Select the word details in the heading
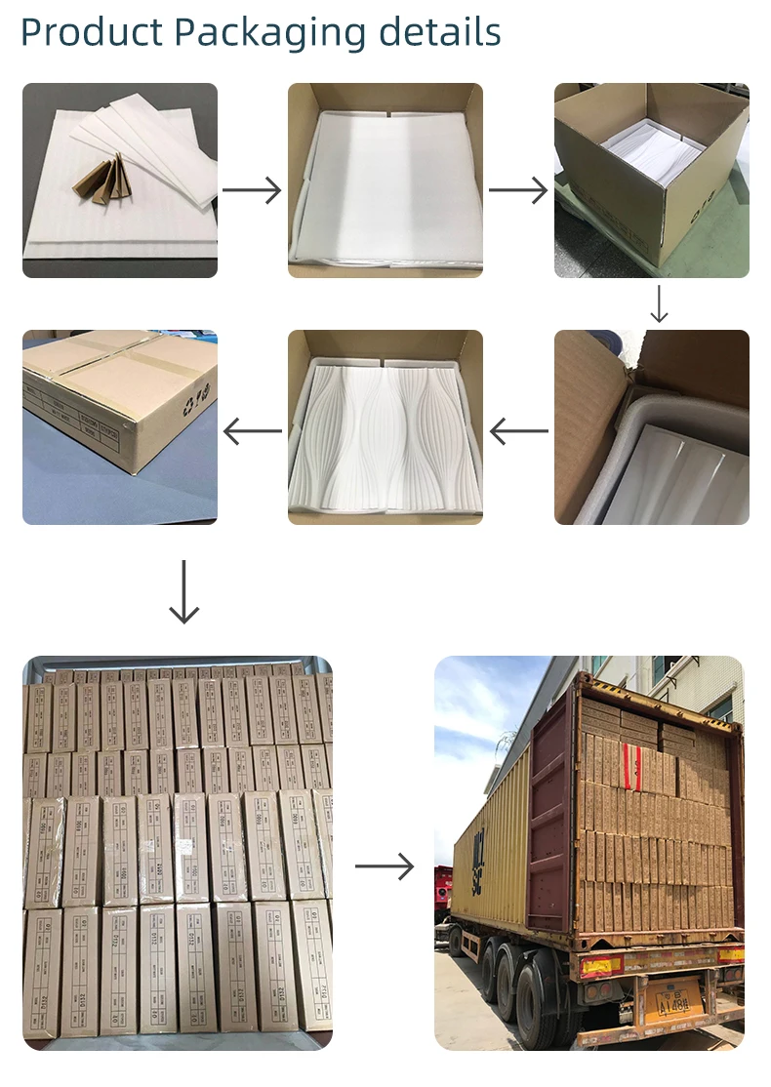[x=439, y=33]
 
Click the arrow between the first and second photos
[x=252, y=190]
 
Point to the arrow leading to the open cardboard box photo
[x=518, y=190]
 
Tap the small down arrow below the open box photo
[x=659, y=303]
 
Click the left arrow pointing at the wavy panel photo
[x=518, y=429]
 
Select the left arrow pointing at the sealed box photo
[x=252, y=429]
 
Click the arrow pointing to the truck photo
[x=384, y=866]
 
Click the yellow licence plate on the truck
[x=678, y=1001]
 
